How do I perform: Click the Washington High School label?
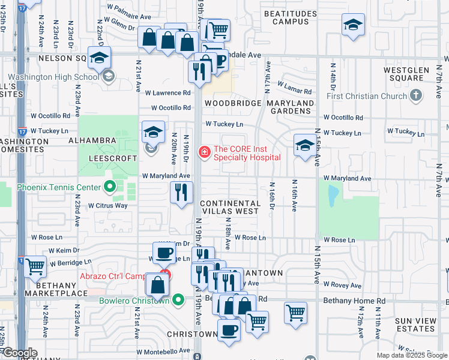(54, 77)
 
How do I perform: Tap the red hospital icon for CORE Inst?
(204, 153)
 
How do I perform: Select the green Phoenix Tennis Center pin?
(109, 187)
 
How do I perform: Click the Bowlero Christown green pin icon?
(178, 300)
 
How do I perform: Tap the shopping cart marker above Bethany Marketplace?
(36, 266)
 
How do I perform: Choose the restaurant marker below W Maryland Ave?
(181, 193)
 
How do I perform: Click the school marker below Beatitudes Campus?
(353, 25)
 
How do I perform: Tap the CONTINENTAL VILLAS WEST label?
(230, 208)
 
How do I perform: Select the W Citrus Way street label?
(108, 206)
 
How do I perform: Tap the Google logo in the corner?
(20, 353)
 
